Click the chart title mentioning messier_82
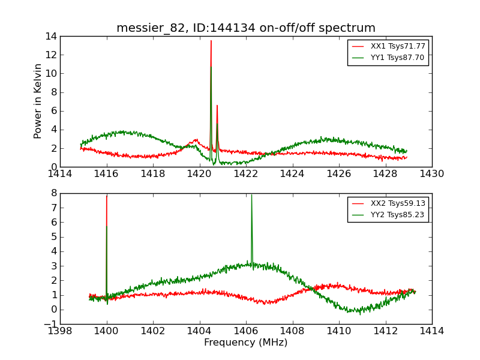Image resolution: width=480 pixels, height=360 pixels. coord(246,28)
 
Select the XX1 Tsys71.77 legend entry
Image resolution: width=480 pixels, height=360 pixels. coord(397,46)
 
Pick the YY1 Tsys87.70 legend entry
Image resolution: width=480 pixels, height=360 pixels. coord(397,58)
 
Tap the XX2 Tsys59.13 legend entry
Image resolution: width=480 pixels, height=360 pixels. coord(398,203)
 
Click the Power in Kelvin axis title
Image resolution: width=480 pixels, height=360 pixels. coord(38,101)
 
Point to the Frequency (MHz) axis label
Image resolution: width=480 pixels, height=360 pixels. coord(246,343)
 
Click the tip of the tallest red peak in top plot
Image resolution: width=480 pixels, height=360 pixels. coord(211,41)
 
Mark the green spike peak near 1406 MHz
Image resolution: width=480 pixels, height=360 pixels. coord(251,195)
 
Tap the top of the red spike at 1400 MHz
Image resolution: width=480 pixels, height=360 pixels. coord(107,196)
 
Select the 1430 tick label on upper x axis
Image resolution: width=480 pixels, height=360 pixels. coord(431,174)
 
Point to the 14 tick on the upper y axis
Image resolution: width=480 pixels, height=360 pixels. coord(50,36)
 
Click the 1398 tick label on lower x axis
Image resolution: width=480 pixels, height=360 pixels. coord(60,331)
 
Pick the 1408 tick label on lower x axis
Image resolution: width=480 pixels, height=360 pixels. coord(292,331)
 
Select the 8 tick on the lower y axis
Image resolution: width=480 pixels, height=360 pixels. coord(53,193)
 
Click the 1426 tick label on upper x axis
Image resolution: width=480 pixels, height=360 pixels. coord(338,174)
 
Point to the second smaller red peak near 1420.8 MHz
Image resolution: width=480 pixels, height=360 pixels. coord(217,106)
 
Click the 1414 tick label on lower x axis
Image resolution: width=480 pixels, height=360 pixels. coord(431,331)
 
